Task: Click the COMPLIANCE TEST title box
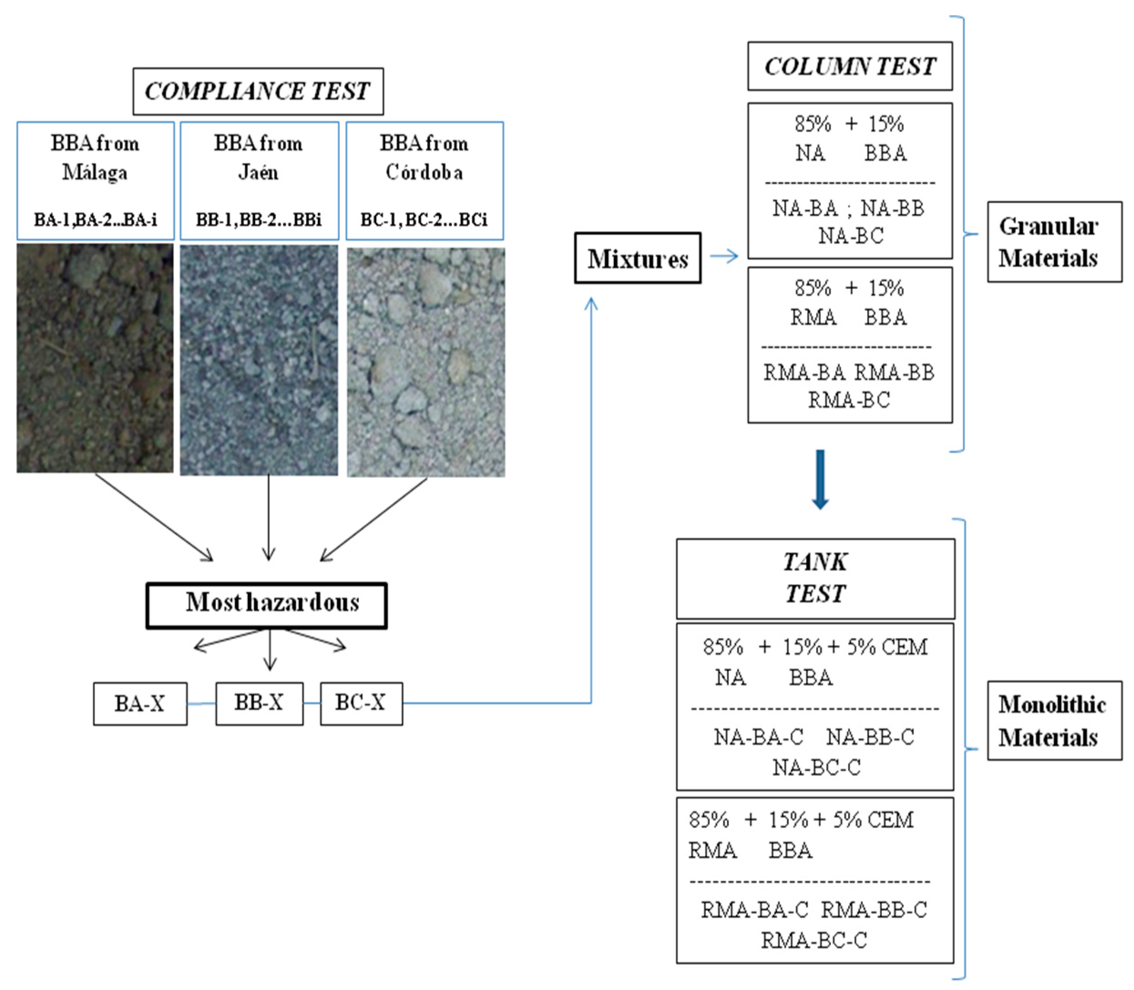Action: pos(257,91)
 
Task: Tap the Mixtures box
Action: pos(638,258)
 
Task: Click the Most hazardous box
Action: pos(266,605)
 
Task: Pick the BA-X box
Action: pos(140,703)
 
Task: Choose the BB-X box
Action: pos(259,703)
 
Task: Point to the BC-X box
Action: pos(361,703)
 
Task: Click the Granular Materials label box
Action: pos(1054,242)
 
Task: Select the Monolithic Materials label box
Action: pos(1054,720)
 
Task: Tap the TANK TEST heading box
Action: pos(815,578)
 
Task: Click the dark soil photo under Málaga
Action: pos(95,358)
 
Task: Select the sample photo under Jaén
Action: pos(259,360)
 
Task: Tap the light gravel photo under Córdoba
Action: pos(425,362)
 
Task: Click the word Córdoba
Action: pos(424,173)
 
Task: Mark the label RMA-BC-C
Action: pos(814,940)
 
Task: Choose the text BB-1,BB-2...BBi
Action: pos(259,220)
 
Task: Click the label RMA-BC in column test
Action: pos(849,400)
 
